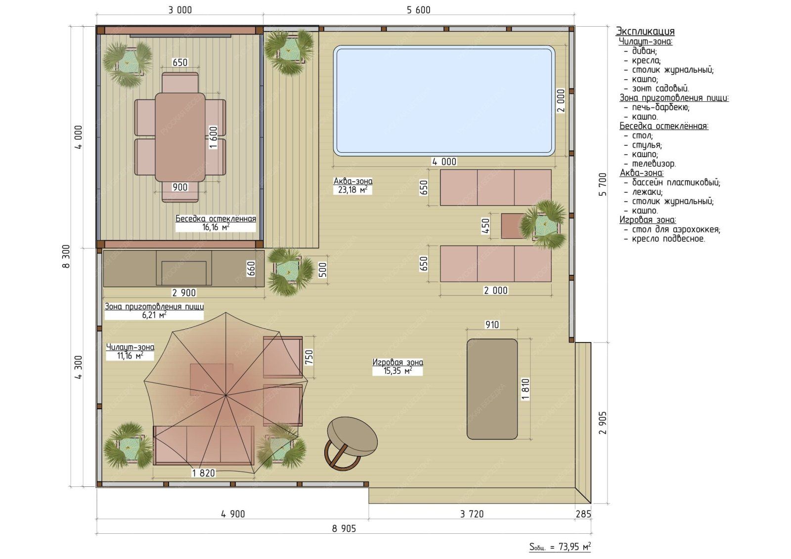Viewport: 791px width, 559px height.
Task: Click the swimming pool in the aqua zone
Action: pos(444,101)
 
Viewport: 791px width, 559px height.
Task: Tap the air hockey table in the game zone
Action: pos(492,389)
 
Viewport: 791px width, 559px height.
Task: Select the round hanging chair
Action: pos(351,443)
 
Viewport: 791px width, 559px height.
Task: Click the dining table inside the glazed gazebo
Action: pos(180,137)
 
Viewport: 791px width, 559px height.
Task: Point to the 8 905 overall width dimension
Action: pos(344,529)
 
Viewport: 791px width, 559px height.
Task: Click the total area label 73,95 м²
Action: pos(560,547)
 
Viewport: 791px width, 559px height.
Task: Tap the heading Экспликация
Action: pos(645,31)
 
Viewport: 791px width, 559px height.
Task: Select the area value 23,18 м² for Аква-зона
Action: pos(352,190)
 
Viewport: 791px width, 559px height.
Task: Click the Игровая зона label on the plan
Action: pos(397,362)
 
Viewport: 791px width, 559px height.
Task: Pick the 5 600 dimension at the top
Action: pos(418,10)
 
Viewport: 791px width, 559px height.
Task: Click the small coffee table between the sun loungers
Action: pos(513,226)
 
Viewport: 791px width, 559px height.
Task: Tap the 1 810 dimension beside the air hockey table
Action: pos(526,389)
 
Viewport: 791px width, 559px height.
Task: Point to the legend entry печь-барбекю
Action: pos(660,107)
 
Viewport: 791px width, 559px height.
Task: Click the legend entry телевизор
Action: pos(654,164)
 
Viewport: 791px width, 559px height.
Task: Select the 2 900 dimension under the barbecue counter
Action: pos(183,293)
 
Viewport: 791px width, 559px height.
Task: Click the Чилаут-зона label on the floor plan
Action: pos(130,347)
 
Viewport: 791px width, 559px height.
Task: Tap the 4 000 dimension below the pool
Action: pos(444,162)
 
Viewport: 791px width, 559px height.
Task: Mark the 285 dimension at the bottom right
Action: pos(583,514)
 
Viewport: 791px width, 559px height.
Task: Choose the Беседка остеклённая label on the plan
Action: pos(216,218)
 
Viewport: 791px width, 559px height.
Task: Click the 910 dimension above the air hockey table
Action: pos(492,325)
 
